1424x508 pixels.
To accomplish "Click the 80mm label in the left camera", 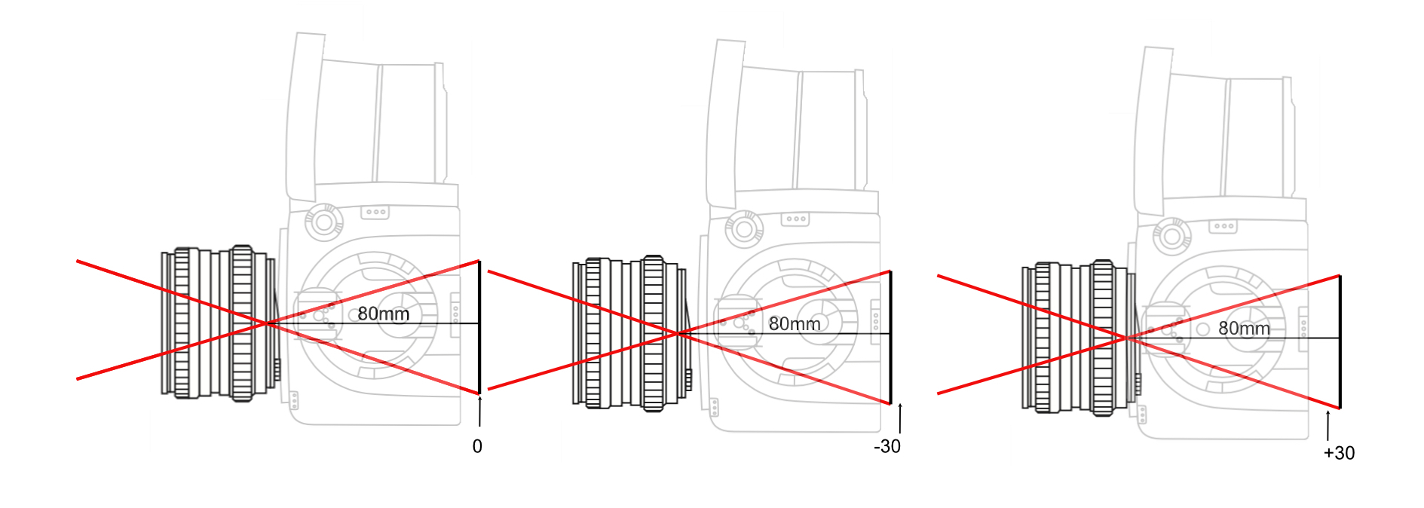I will pos(383,314).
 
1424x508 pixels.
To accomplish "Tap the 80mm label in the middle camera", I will pos(795,324).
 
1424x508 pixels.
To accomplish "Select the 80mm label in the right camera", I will pos(1244,329).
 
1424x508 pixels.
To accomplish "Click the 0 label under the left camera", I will pos(477,447).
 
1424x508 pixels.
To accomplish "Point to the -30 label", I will pos(887,447).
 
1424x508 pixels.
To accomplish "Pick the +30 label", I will pos(1339,453).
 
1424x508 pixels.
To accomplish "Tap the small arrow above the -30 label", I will pos(900,418).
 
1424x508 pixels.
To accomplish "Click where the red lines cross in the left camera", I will pos(266,323).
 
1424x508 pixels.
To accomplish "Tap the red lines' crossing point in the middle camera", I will pos(678,333).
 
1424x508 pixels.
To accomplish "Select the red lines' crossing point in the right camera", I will pos(1127,338).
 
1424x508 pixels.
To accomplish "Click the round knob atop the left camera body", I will pos(324,222).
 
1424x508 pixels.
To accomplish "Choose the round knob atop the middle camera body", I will pos(743,229).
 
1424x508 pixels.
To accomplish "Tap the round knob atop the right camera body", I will pos(1171,236).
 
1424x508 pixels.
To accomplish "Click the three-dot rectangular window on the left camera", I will pos(375,213).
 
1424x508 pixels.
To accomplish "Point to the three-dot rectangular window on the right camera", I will pos(1223,226).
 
